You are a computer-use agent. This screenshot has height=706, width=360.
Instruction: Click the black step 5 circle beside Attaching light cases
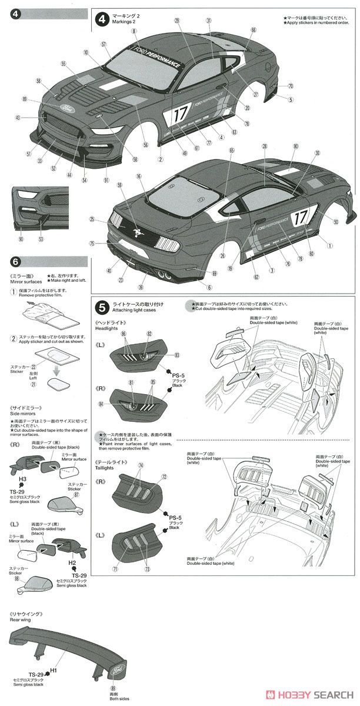click(x=102, y=307)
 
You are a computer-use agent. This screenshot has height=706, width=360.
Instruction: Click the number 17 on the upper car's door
click(x=179, y=116)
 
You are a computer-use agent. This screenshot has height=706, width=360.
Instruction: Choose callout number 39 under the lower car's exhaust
click(x=140, y=287)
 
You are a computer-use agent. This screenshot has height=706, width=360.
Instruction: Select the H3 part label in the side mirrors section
click(x=22, y=479)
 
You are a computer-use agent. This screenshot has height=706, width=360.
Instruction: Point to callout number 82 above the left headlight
click(x=149, y=334)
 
